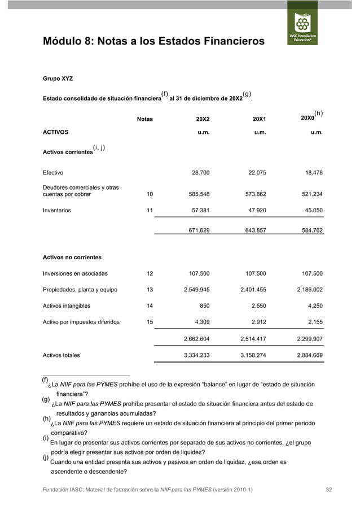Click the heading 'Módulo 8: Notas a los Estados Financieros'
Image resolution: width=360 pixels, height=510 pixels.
pyautogui.click(x=153, y=42)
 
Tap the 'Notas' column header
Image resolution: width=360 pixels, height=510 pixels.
pyautogui.click(x=145, y=119)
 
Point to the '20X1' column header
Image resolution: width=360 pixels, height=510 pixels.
pyautogui.click(x=259, y=119)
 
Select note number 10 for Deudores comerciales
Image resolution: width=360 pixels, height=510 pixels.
pyautogui.click(x=150, y=194)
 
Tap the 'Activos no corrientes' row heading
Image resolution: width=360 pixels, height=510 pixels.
pyautogui.click(x=72, y=258)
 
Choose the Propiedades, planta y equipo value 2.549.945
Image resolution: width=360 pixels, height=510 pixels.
pyautogui.click(x=197, y=290)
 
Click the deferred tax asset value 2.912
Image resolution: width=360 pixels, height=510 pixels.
pyautogui.click(x=257, y=322)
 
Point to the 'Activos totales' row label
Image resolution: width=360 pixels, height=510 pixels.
pyautogui.click(x=62, y=355)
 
